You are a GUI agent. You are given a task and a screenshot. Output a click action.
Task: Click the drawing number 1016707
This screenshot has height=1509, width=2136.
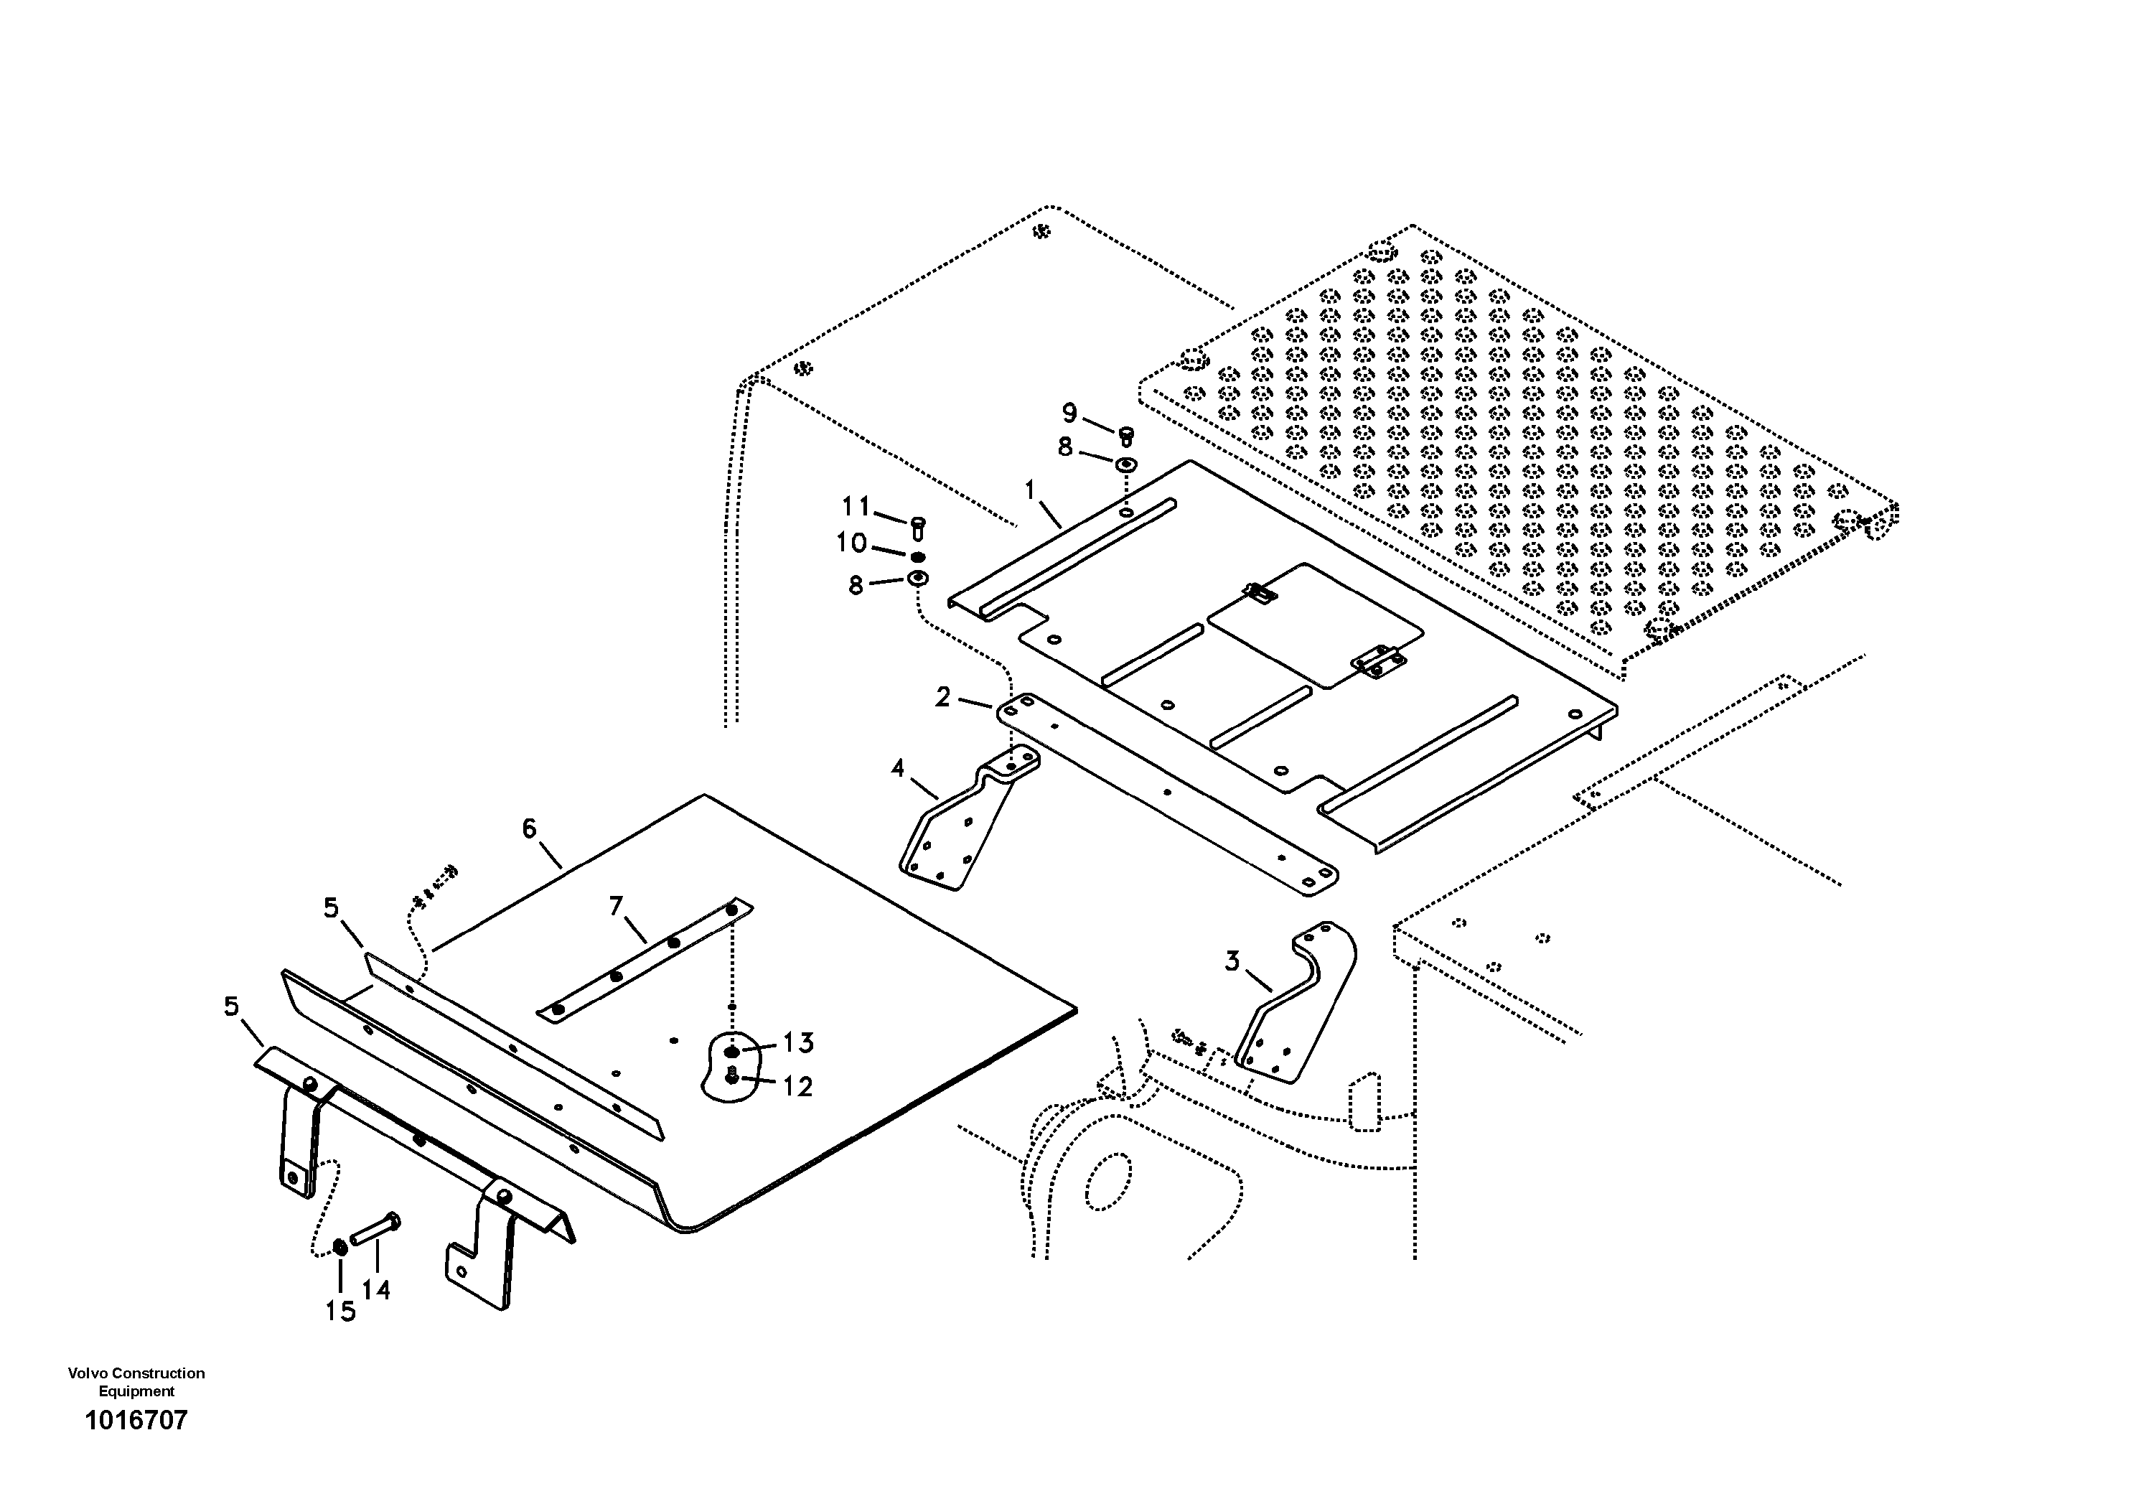(x=136, y=1421)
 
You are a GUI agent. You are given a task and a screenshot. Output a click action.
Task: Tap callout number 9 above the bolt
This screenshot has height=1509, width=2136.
(x=1070, y=413)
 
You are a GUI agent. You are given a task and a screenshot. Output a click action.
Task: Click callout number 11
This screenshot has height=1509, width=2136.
(x=856, y=506)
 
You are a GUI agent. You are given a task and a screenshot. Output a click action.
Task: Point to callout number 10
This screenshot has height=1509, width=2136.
(x=851, y=543)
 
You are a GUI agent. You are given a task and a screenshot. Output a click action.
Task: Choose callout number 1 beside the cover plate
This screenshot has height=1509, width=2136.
(x=1030, y=490)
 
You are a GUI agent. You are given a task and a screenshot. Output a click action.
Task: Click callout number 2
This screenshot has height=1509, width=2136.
(x=943, y=697)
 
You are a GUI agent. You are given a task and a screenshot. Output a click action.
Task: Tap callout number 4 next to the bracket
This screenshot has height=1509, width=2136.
(x=898, y=768)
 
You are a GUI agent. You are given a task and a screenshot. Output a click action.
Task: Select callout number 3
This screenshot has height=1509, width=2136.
(x=1232, y=961)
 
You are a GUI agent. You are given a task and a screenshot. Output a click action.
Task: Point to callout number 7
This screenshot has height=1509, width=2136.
(x=615, y=905)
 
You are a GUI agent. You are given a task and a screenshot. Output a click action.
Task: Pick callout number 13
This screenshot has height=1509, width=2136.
(x=798, y=1043)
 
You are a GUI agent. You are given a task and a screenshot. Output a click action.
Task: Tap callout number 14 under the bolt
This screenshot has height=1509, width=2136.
(x=376, y=1289)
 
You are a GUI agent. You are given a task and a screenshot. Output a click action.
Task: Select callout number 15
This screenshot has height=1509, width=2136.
(x=340, y=1312)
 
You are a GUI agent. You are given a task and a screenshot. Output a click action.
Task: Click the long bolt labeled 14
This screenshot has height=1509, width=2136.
(x=376, y=1228)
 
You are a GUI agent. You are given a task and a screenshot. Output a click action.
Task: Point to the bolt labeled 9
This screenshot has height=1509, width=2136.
(x=1125, y=434)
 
